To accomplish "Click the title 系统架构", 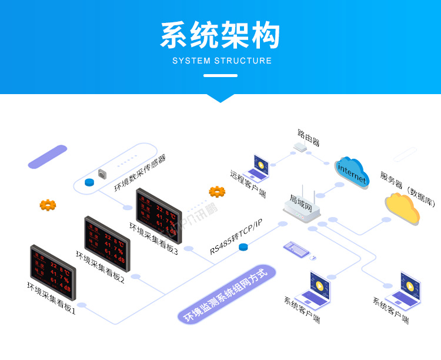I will (220, 36).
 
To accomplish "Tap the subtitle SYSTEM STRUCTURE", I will (222, 61).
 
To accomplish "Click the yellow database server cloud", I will (403, 206).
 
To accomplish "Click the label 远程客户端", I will (248, 185).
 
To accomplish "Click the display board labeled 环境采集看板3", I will (159, 214).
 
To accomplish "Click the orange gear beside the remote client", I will (217, 191).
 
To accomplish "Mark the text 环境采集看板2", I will (100, 268).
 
